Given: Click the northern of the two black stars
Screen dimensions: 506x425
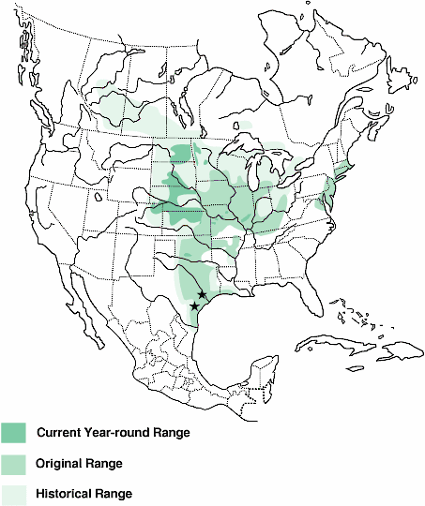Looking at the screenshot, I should [x=202, y=295].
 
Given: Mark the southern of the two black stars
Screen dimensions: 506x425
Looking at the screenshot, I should [x=194, y=306].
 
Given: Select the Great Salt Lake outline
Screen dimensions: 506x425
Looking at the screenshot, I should [x=98, y=198].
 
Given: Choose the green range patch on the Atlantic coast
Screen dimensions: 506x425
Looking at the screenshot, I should [x=330, y=192].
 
